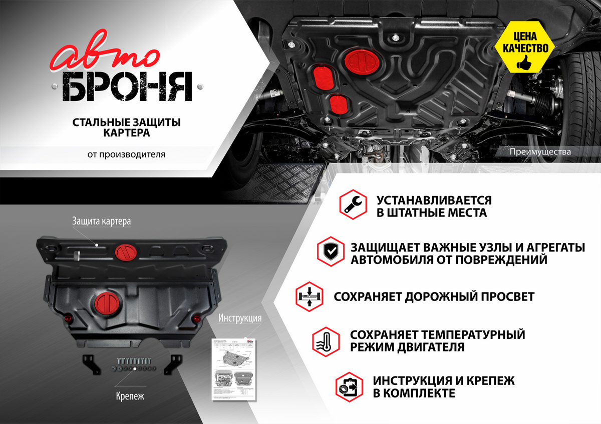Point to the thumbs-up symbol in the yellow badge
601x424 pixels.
[x=524, y=63]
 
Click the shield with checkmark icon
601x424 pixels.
[x=331, y=252]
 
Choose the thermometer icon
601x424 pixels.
[x=325, y=341]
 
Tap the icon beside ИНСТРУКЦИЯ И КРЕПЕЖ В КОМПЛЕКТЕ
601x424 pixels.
[x=349, y=385]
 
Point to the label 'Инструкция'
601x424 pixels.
[x=240, y=317]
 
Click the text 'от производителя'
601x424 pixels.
[x=126, y=154]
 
